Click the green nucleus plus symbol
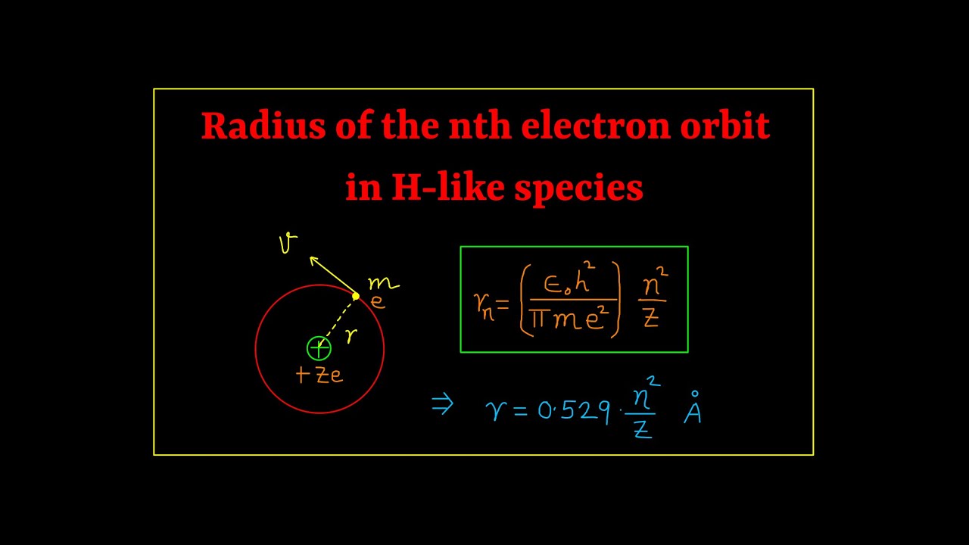319,348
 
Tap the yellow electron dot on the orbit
356,296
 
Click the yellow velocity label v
288,243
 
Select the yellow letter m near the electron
383,284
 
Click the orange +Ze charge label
319,375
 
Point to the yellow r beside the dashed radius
351,335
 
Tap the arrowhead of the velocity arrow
313,260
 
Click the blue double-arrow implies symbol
442,405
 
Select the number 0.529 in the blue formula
574,410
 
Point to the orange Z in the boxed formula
650,319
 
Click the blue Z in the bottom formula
642,429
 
